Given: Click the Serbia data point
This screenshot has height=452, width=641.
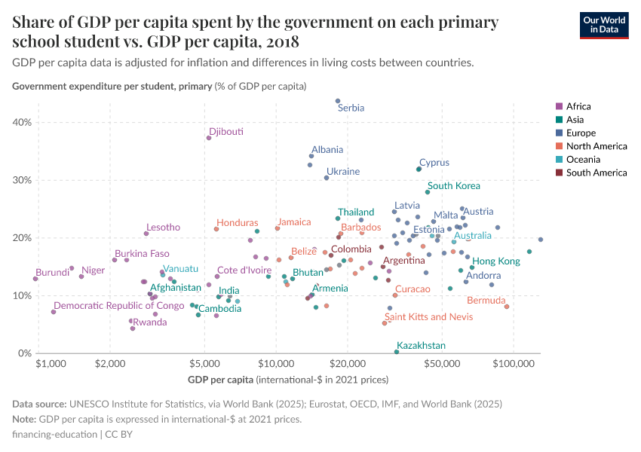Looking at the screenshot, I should [x=338, y=101].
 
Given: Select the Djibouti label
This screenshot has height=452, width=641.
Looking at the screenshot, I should [x=226, y=132].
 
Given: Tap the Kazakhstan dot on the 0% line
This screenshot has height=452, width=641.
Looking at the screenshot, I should [x=397, y=352].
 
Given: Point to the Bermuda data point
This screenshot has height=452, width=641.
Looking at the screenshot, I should [x=507, y=307].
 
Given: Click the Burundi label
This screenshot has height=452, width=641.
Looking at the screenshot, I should [x=52, y=273].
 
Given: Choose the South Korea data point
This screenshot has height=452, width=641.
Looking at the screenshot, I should [x=428, y=192].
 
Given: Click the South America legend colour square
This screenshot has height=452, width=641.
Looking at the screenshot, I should [x=558, y=173].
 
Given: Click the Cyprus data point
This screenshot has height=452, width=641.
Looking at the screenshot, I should [x=419, y=169].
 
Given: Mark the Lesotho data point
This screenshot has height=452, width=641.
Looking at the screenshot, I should [x=146, y=234].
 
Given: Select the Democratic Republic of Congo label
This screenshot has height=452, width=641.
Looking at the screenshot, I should [x=119, y=306].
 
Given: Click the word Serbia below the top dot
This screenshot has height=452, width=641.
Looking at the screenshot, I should [x=351, y=108].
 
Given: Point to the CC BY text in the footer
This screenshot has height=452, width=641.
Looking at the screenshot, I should [x=119, y=435].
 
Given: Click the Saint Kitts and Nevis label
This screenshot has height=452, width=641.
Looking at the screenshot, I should [x=428, y=317].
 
